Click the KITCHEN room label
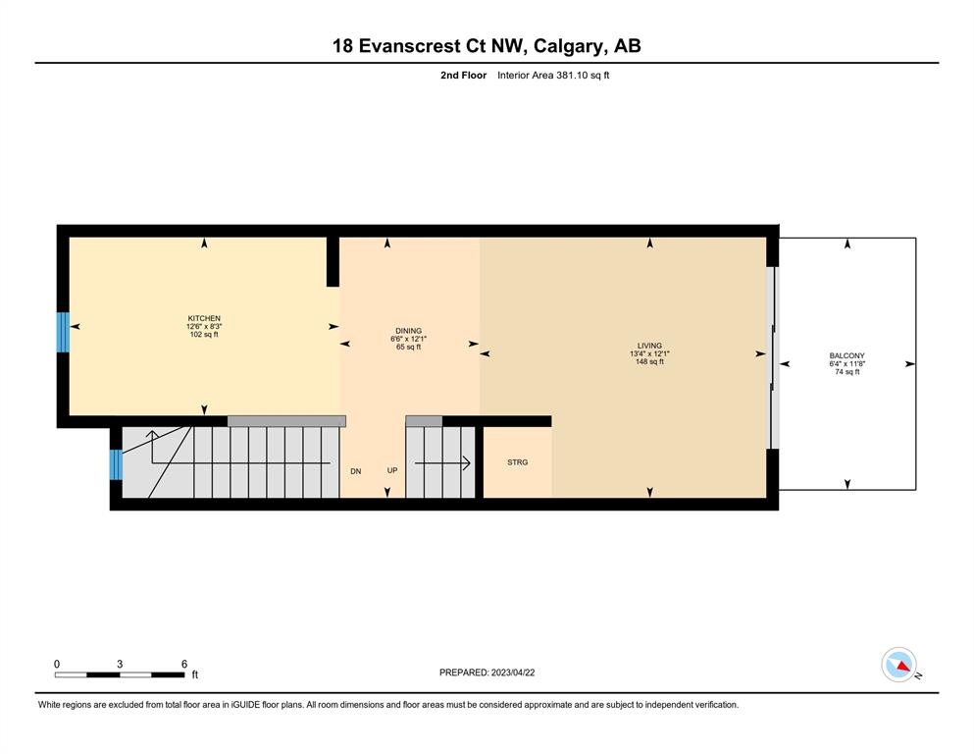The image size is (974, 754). click(x=204, y=318)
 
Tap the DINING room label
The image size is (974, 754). click(x=409, y=331)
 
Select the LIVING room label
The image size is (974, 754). click(x=649, y=346)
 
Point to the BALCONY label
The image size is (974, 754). click(x=847, y=355)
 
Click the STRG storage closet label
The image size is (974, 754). click(x=518, y=462)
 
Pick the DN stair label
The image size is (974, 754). click(x=356, y=471)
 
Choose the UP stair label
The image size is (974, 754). click(x=392, y=470)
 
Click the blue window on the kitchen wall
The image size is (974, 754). click(x=64, y=332)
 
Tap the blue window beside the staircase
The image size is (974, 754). click(x=116, y=465)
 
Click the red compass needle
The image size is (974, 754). click(x=903, y=665)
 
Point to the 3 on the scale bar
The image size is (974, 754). click(x=120, y=664)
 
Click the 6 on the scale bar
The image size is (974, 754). click(x=183, y=664)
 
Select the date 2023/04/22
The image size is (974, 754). click(x=513, y=673)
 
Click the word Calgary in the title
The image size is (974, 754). click(x=568, y=46)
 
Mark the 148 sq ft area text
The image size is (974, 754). click(x=649, y=361)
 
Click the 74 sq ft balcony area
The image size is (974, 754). click(x=847, y=372)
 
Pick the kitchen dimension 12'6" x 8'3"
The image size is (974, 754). click(x=204, y=326)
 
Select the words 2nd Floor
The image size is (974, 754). click(x=463, y=76)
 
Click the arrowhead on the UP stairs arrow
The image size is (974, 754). click(x=466, y=463)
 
